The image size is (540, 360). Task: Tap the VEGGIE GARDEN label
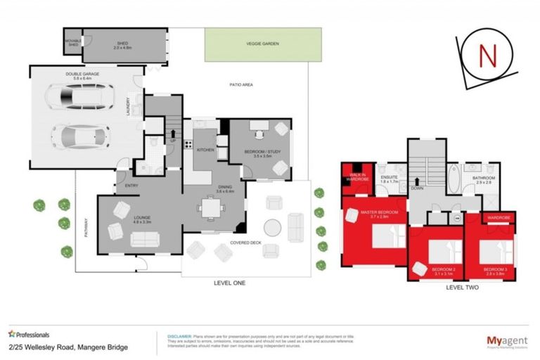click(263, 44)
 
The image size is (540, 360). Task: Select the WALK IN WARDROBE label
click(357, 177)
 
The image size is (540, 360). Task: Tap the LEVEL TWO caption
click(464, 288)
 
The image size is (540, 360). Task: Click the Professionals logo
click(29, 334)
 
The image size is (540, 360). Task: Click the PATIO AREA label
click(241, 84)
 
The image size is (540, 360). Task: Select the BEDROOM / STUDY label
click(259, 153)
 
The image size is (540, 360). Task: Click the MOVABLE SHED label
click(73, 41)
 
